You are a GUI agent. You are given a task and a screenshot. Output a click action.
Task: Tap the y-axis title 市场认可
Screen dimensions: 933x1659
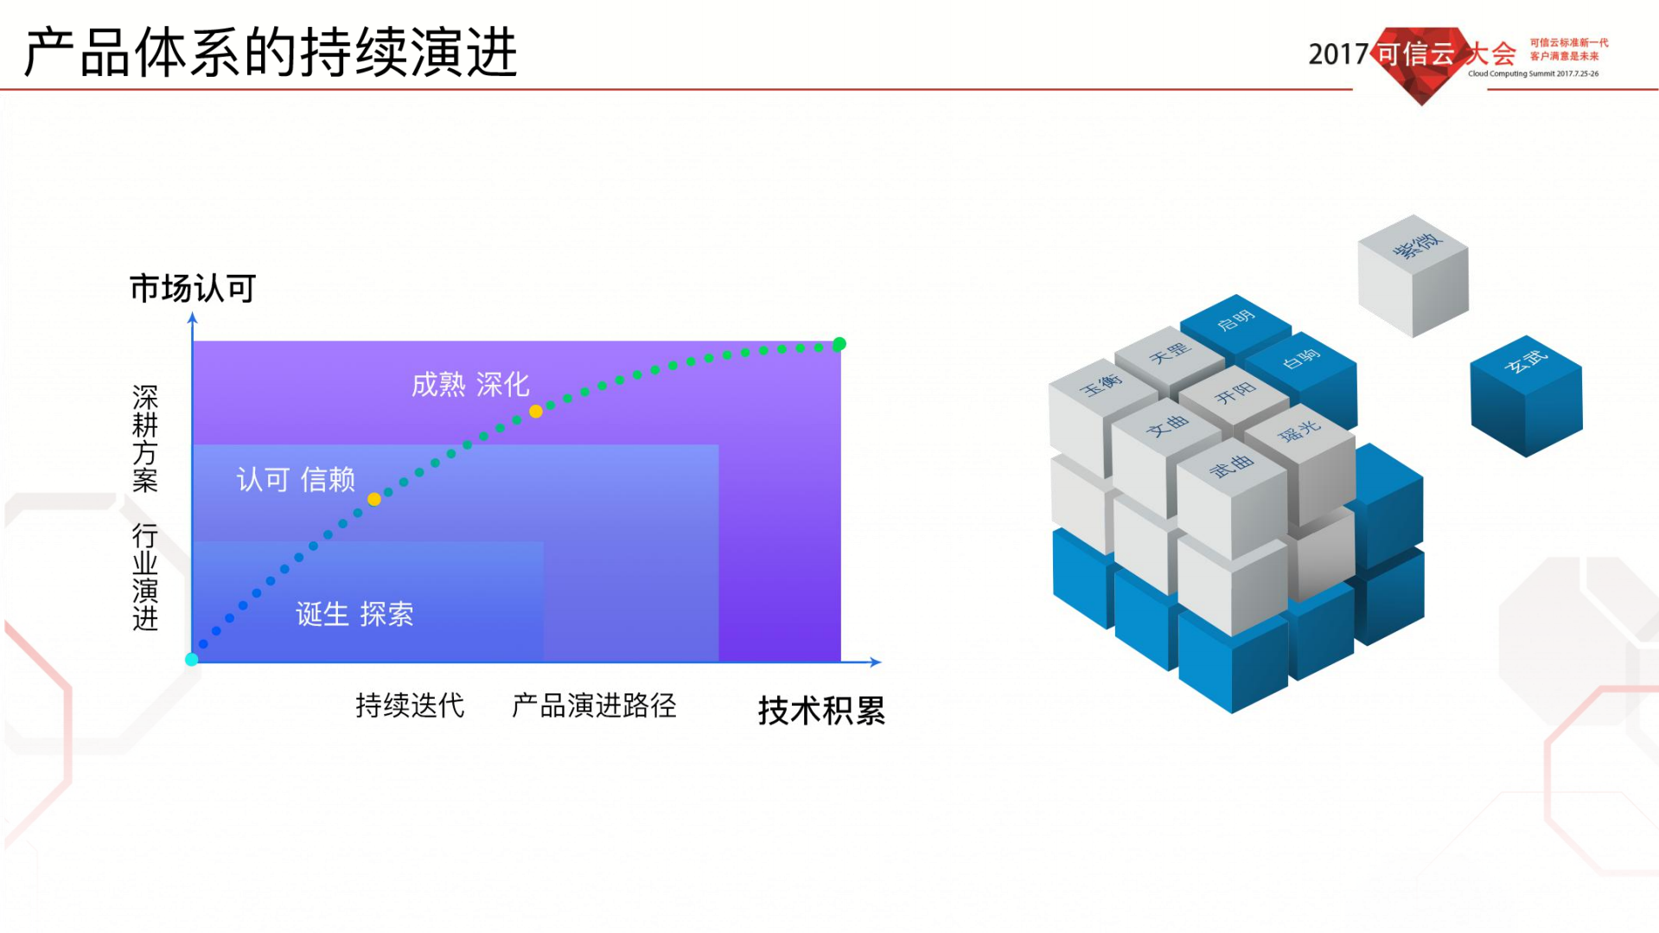click(x=193, y=288)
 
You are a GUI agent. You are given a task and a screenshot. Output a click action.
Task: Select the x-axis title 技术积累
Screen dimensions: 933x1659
click(x=821, y=711)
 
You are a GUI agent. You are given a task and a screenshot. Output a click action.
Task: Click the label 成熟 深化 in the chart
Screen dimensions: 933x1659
click(x=470, y=385)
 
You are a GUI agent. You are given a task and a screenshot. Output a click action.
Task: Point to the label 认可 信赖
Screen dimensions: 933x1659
click(x=296, y=479)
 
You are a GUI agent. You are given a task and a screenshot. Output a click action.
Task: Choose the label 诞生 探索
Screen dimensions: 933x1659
click(x=354, y=614)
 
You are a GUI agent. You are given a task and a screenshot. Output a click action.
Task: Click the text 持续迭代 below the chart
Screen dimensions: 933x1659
click(x=410, y=706)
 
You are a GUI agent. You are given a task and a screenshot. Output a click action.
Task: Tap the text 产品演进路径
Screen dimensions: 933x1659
click(x=594, y=706)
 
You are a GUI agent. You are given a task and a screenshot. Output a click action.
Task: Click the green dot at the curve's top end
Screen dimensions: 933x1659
click(x=839, y=344)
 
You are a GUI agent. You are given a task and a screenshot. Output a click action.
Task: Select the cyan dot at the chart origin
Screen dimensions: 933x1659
click(x=192, y=660)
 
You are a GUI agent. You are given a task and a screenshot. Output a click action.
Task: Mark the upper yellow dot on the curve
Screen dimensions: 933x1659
click(x=536, y=412)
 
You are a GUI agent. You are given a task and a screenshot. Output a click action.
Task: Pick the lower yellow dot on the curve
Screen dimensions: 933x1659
click(x=374, y=499)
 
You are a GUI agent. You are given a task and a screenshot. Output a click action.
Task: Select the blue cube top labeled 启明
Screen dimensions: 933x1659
click(x=1235, y=321)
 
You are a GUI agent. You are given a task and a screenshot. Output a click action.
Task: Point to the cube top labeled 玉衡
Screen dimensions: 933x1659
click(x=1101, y=386)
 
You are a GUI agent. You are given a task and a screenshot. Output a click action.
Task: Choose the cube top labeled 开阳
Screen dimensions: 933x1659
click(x=1235, y=393)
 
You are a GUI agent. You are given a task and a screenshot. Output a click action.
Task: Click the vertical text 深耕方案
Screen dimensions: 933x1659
click(x=145, y=438)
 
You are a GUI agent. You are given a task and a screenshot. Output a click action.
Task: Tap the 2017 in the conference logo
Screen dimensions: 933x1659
click(x=1337, y=54)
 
